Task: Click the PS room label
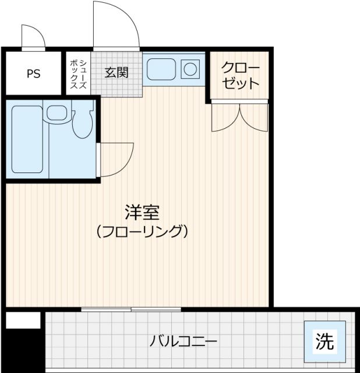33,74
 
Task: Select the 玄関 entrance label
116,73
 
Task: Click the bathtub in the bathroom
27,139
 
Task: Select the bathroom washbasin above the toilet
57,112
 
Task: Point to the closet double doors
240,116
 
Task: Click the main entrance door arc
117,25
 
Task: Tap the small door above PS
33,37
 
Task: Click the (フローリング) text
142,231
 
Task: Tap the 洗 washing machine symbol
324,341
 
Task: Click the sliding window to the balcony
131,308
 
